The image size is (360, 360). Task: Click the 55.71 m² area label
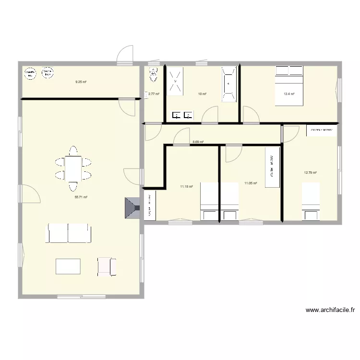(81, 197)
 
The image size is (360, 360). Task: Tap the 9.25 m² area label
(81, 82)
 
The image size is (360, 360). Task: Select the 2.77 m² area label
(154, 94)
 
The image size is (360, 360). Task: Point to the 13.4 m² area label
(289, 94)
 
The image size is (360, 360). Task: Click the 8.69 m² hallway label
(198, 142)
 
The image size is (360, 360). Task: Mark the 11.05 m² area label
(251, 183)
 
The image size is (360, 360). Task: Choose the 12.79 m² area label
(310, 173)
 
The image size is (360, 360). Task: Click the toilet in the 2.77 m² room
(154, 74)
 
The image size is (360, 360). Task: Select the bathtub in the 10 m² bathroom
(229, 84)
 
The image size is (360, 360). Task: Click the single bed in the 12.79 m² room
(311, 202)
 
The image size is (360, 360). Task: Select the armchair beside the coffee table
(107, 266)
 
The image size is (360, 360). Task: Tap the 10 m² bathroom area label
(202, 94)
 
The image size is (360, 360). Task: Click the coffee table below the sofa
(68, 266)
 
